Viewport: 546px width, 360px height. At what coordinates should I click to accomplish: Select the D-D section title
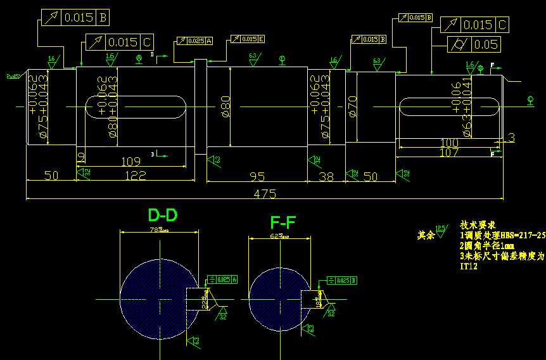[162, 215]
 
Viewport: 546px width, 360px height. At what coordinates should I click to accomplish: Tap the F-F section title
[283, 222]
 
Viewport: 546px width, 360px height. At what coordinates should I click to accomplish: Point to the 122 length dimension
[135, 176]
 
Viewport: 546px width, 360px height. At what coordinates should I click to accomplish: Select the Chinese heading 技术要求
[478, 225]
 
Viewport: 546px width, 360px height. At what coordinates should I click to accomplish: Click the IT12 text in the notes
[469, 267]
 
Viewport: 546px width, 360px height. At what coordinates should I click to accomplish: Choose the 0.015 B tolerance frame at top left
[75, 18]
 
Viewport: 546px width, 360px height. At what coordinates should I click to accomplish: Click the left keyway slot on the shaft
[134, 106]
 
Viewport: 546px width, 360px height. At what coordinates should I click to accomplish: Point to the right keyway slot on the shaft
[450, 106]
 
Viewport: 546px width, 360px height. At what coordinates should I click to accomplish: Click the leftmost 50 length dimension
[51, 176]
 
